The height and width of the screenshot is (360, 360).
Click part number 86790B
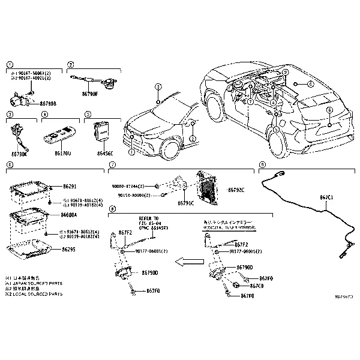tap(48, 104)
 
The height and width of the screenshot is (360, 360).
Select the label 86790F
tap(89, 95)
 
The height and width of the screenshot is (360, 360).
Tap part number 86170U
tap(62, 154)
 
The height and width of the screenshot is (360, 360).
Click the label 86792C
tap(236, 190)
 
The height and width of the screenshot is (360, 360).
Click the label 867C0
tap(256, 286)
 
